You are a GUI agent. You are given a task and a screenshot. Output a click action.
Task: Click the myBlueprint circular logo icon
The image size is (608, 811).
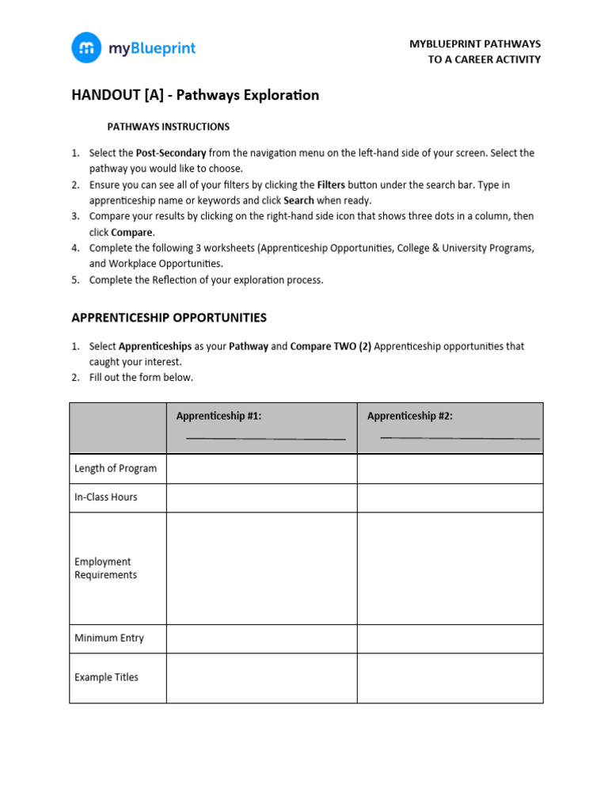pyautogui.click(x=86, y=48)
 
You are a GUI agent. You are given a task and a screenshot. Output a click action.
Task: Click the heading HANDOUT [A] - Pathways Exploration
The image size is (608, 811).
pyautogui.click(x=195, y=95)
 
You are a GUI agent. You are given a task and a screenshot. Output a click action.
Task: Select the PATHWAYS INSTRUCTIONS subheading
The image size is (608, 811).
pyautogui.click(x=168, y=127)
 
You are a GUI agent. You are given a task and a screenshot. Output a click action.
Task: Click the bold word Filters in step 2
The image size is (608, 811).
pyautogui.click(x=331, y=185)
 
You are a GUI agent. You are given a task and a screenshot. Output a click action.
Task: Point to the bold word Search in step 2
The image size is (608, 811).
pyautogui.click(x=298, y=200)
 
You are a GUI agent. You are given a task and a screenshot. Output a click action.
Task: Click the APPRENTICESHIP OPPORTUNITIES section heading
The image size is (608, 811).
pyautogui.click(x=169, y=318)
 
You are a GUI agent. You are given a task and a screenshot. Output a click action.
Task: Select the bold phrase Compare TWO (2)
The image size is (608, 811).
pyautogui.click(x=331, y=346)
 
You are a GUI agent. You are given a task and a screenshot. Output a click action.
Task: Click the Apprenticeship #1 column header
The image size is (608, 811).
pyautogui.click(x=218, y=416)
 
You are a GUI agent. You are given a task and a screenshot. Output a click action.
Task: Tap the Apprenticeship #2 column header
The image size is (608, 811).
pyautogui.click(x=410, y=416)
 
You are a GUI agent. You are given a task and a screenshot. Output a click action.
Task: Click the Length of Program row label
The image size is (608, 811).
pyautogui.click(x=116, y=468)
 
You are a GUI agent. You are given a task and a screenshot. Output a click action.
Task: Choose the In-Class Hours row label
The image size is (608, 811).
pyautogui.click(x=106, y=497)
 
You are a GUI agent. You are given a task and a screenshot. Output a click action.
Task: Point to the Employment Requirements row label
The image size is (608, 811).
pyautogui.click(x=106, y=568)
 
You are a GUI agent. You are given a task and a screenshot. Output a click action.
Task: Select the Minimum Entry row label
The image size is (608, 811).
pyautogui.click(x=109, y=638)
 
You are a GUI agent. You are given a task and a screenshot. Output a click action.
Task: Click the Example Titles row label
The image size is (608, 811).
pyautogui.click(x=106, y=677)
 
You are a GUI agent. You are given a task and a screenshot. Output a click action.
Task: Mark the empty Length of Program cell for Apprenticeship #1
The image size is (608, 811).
pyautogui.click(x=261, y=468)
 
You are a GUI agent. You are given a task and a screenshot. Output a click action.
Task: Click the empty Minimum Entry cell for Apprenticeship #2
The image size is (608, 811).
pyautogui.click(x=450, y=638)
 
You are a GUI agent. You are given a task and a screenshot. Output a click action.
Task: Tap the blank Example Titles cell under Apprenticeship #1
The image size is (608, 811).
pyautogui.click(x=261, y=678)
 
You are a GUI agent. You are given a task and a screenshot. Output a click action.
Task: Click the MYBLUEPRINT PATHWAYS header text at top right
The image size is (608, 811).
pyautogui.click(x=475, y=44)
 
